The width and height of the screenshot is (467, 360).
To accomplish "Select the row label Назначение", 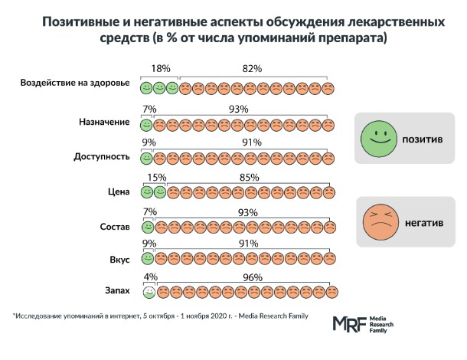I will [x=104, y=123].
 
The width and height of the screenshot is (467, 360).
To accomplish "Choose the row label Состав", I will [x=114, y=227].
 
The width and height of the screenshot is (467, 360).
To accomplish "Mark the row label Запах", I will [x=115, y=291].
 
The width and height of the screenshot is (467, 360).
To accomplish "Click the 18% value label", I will [x=159, y=69].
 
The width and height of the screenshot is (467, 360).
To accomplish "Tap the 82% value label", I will [x=253, y=69].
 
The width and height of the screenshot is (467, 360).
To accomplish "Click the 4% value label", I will [x=150, y=278].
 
